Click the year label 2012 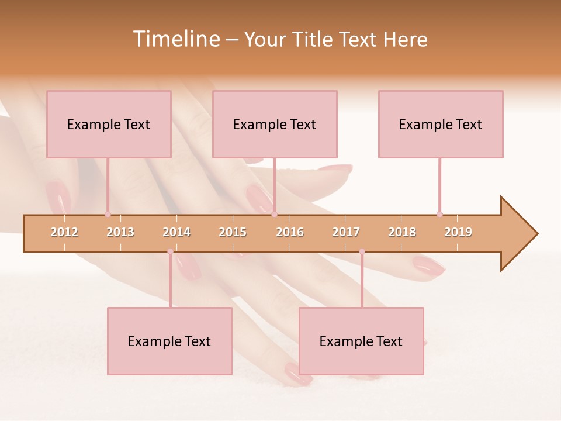coord(64,232)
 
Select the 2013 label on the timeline coord(120,232)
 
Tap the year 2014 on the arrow coord(176,232)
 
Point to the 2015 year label coord(233,232)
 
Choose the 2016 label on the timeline coord(290,232)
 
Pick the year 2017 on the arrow coord(346,232)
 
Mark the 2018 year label coord(402,232)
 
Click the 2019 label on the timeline coord(458,232)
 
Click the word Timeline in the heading coord(175,39)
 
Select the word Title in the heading coord(313,39)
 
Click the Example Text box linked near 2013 coord(109,124)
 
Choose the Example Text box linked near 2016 coord(275,124)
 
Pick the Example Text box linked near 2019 coord(441,124)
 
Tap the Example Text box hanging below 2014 coord(169,341)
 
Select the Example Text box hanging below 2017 coord(361,341)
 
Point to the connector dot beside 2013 coord(108,214)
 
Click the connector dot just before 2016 coord(274,214)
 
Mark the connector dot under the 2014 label coord(170,251)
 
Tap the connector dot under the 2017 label coord(362,251)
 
